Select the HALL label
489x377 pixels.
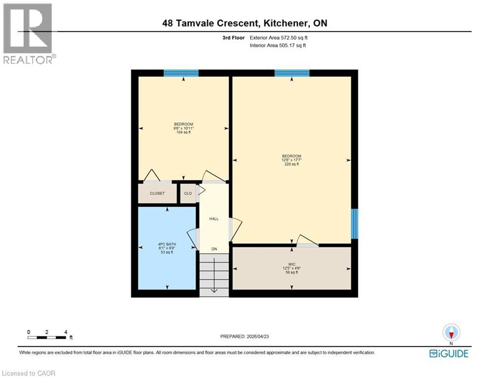click(x=214, y=219)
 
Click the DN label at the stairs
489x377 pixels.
click(x=214, y=249)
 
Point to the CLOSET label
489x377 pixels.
click(x=157, y=193)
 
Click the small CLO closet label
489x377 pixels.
click(x=188, y=193)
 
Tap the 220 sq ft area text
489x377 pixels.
click(x=291, y=164)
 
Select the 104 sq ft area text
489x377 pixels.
click(x=183, y=132)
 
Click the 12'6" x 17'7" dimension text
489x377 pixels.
click(x=291, y=160)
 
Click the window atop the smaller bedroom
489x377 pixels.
click(x=181, y=73)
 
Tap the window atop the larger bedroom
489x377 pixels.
click(x=292, y=73)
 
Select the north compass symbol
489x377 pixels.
click(x=450, y=333)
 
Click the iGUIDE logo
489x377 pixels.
click(x=448, y=353)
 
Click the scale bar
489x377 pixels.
click(x=48, y=337)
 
